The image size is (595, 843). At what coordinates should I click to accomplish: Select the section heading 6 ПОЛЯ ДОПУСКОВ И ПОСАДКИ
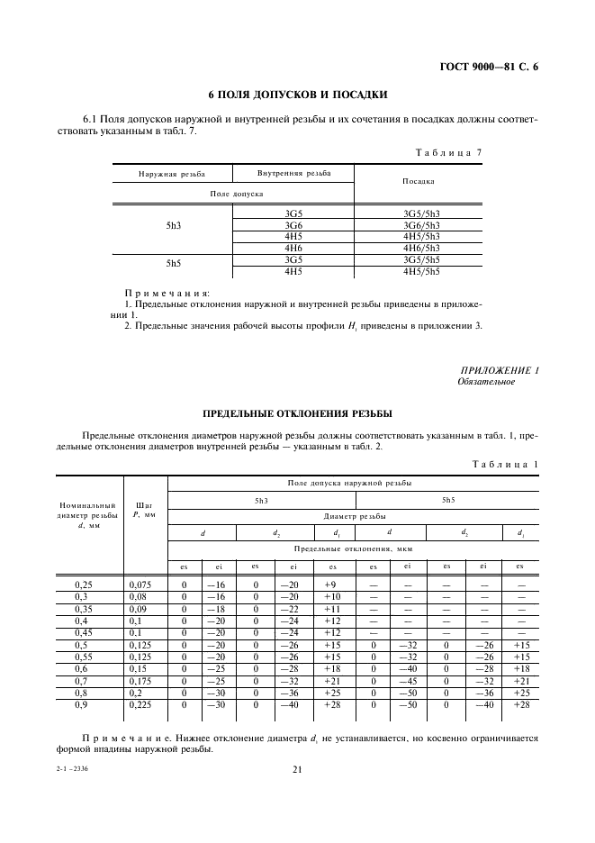(297, 94)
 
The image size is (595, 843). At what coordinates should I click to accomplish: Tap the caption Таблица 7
(448, 152)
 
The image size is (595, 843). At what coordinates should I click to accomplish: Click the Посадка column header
(419, 181)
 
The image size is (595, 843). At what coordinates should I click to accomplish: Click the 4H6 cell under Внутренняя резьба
(293, 248)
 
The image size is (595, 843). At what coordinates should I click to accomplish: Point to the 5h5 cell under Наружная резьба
(174, 265)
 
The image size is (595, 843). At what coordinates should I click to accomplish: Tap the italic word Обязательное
(486, 381)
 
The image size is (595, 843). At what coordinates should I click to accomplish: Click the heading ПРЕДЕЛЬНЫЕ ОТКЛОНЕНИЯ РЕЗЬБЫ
(297, 413)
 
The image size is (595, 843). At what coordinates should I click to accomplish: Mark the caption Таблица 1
(504, 463)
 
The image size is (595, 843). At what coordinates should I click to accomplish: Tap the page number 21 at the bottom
(296, 769)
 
